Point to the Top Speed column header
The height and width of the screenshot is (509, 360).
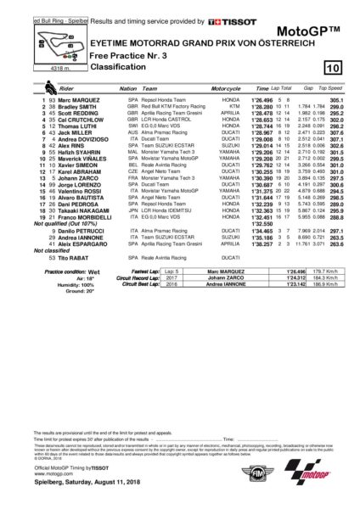tap(334, 88)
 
